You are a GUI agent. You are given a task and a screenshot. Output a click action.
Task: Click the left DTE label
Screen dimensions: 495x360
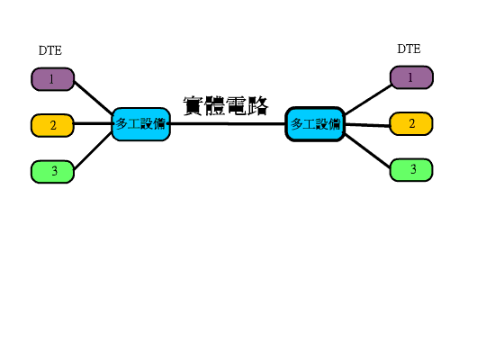[50, 50]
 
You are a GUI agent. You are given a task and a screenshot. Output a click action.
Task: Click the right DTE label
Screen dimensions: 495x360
[409, 49]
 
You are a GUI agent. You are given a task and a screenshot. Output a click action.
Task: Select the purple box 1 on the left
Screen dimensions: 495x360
[53, 79]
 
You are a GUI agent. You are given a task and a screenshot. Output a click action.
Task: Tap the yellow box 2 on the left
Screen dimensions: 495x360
[52, 125]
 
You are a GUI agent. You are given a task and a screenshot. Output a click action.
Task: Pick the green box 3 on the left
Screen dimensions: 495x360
[52, 172]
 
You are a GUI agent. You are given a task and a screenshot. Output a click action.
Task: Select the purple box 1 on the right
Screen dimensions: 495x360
[411, 77]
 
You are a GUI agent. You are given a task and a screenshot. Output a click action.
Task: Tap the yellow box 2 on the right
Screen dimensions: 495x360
[411, 124]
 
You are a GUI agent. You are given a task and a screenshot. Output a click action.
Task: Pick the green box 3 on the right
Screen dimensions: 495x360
[411, 170]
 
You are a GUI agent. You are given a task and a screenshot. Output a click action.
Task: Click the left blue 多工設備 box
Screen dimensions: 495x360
[141, 124]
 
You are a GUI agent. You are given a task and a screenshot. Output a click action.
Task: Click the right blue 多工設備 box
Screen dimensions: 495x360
[315, 124]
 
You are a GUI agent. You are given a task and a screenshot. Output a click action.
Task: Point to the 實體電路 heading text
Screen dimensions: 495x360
[226, 106]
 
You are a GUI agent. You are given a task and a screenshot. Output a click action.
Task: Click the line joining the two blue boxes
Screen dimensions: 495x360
[228, 124]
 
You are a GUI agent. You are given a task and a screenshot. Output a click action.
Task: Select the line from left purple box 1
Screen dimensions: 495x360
[93, 98]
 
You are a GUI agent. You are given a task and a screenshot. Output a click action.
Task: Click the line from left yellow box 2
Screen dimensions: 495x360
[93, 123]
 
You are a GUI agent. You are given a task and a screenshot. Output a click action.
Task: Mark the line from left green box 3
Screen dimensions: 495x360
[93, 151]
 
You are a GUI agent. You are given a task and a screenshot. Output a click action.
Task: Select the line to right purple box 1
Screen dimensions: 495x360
[368, 100]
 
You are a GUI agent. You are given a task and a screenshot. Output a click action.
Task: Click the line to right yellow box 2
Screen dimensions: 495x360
[368, 125]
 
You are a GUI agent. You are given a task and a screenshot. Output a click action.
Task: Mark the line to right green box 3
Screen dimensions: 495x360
[368, 151]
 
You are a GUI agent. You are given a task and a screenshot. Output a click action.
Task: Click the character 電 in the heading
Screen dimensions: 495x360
[237, 106]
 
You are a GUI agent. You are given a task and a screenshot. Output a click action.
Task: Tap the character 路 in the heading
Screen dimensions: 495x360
[258, 106]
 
